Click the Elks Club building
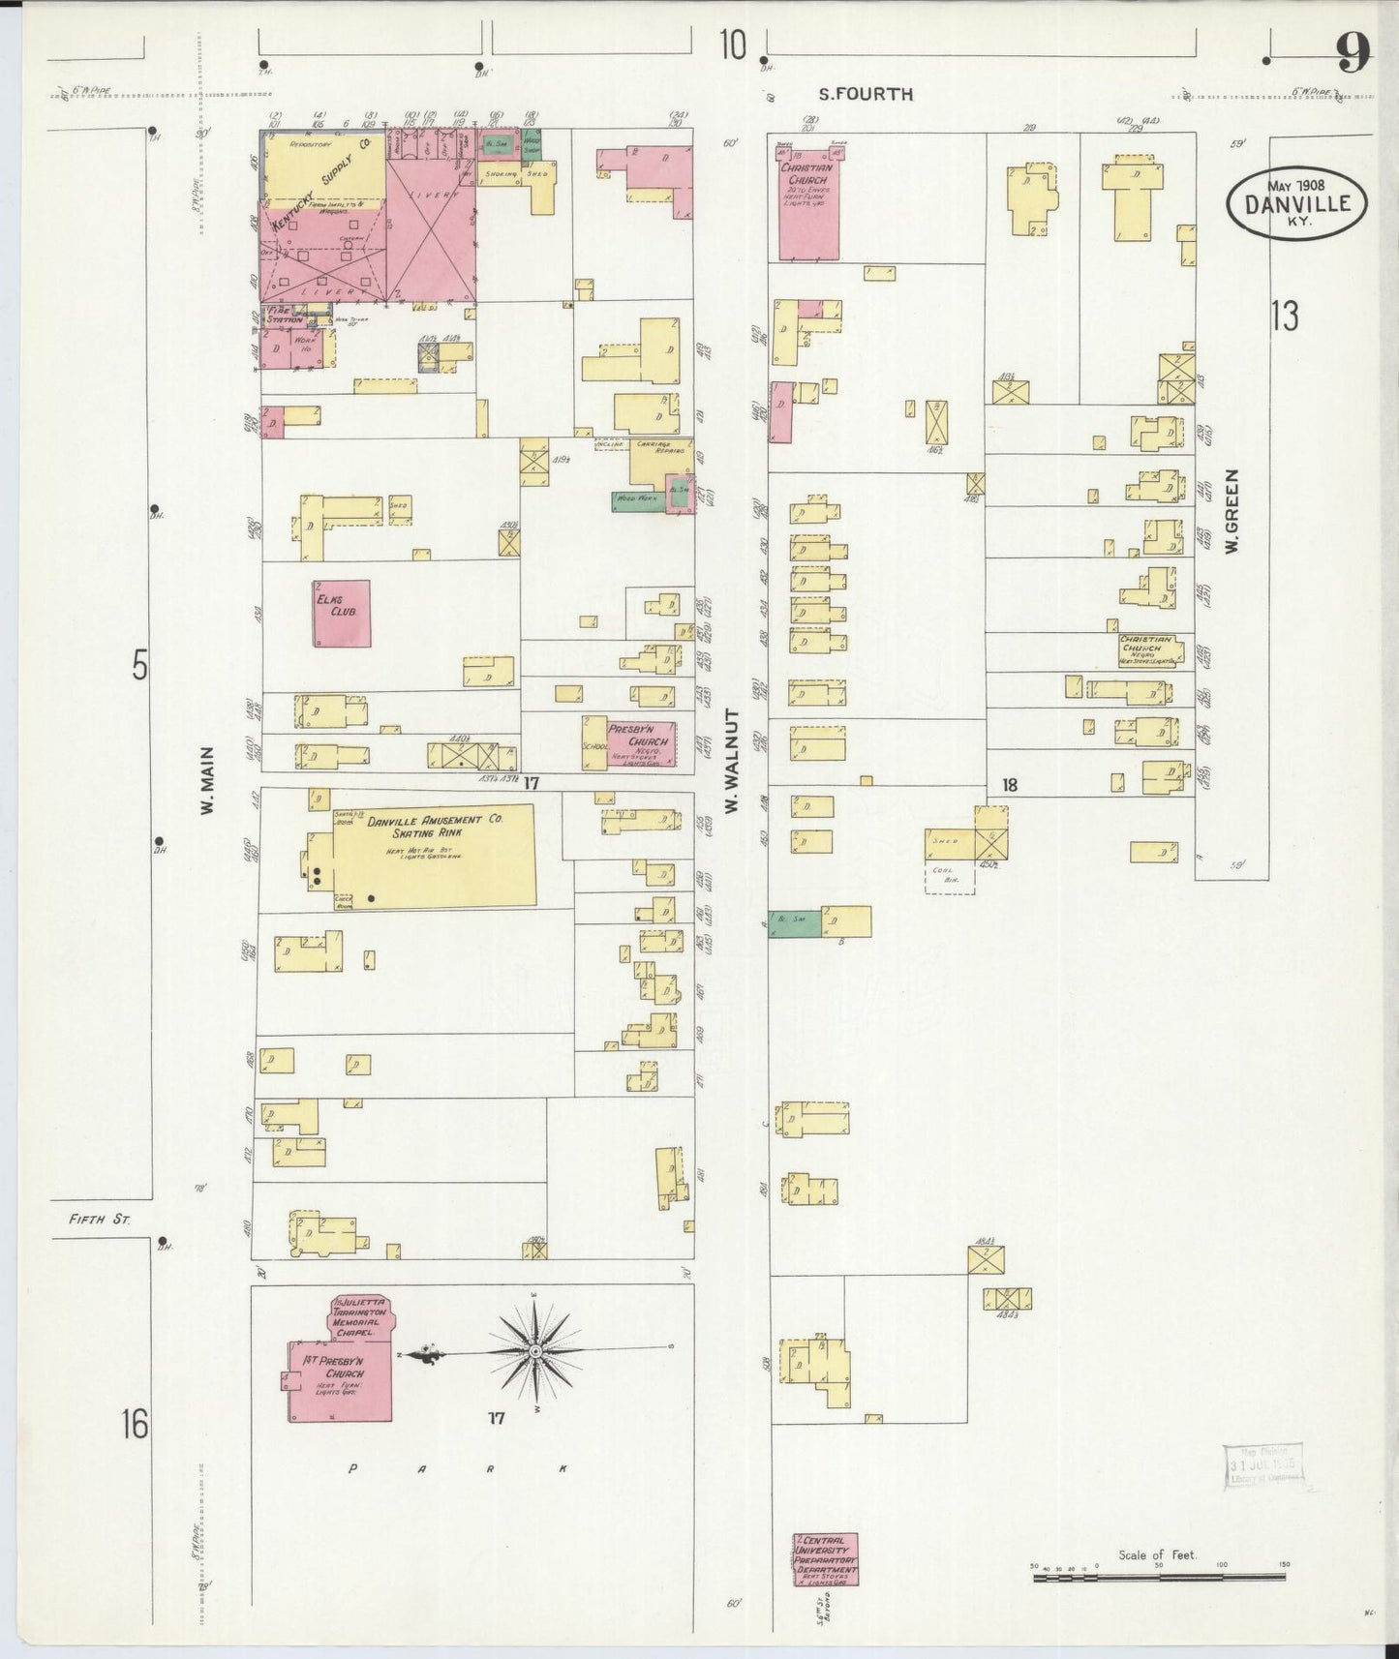[341, 613]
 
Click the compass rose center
[533, 1349]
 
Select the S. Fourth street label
[866, 94]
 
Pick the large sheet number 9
[1353, 53]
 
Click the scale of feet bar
[1157, 1578]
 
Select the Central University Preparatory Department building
[825, 1559]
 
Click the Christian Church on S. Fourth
[806, 199]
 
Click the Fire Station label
[285, 316]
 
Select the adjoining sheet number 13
[1284, 316]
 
